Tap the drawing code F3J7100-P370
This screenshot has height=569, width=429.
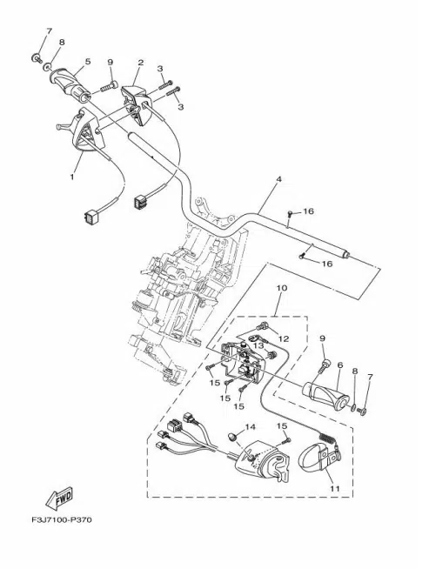[x=61, y=519]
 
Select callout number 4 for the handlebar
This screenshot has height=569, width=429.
[x=278, y=179]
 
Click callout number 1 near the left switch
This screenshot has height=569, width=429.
[x=72, y=177]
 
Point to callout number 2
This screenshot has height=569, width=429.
[x=140, y=62]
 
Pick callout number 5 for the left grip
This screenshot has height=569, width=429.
[x=88, y=61]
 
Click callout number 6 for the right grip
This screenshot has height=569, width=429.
[x=340, y=365]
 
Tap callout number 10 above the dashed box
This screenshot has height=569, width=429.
[x=282, y=288]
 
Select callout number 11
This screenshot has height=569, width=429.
[x=335, y=488]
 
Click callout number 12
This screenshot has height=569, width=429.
[x=284, y=338]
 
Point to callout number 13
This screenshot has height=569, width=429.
[x=258, y=345]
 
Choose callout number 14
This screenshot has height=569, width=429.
[x=250, y=426]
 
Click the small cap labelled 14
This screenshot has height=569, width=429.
[x=231, y=436]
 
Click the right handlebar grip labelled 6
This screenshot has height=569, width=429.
[x=324, y=396]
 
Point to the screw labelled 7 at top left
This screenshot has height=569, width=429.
[x=36, y=57]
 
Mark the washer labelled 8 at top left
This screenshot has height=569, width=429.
[x=46, y=67]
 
